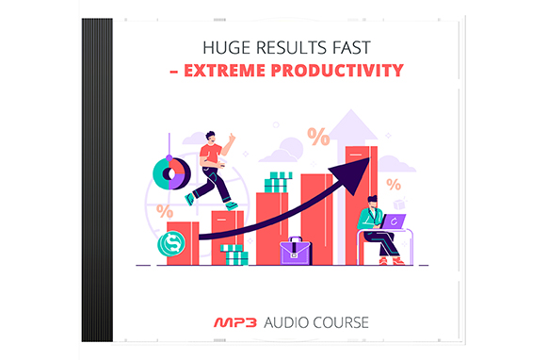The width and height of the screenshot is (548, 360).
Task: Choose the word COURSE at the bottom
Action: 338,322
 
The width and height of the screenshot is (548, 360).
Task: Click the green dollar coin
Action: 172,244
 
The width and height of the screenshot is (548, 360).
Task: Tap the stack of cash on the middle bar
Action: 277,181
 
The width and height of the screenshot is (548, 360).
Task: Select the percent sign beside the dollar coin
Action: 166,211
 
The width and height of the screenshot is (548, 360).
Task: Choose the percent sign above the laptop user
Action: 393,185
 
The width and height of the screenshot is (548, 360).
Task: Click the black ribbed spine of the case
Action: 97,180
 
